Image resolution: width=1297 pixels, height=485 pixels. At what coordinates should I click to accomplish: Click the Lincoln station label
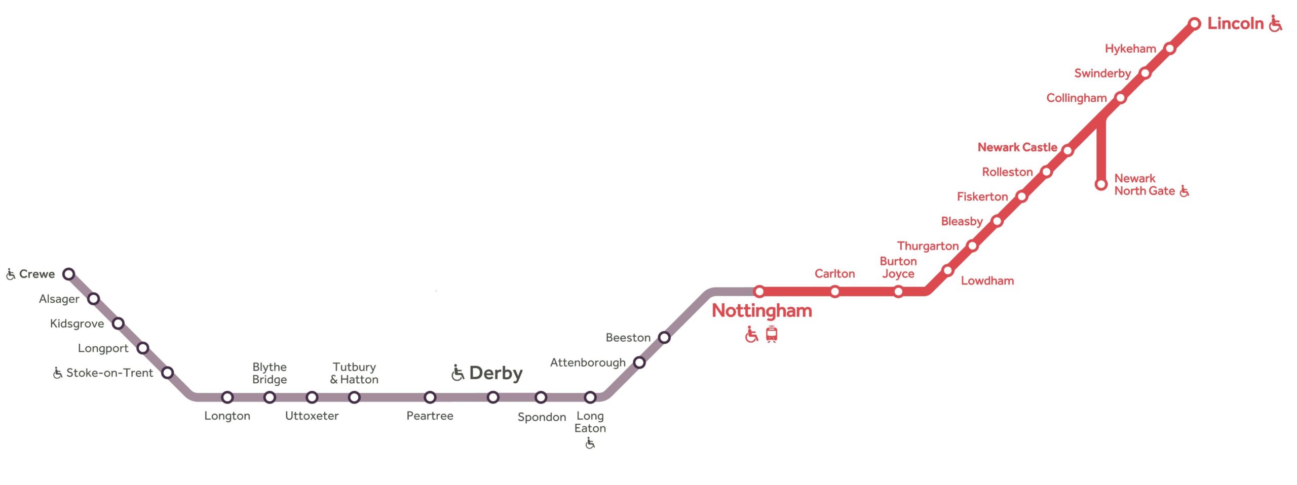pos(1235,23)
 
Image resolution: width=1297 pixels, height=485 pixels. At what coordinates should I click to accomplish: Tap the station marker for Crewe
pos(69,274)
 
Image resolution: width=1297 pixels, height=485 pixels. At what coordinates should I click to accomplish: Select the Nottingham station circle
pos(759,291)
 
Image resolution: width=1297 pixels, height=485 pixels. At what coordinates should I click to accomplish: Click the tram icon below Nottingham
pos(771,334)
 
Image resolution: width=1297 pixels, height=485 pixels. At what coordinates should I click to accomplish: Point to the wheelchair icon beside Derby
pos(457,373)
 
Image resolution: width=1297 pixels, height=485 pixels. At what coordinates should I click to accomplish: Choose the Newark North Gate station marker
pos(1100,184)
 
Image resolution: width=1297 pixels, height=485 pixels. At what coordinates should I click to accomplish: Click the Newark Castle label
pos(1017,147)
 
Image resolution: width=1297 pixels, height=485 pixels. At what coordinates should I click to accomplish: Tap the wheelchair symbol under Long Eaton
pos(590,443)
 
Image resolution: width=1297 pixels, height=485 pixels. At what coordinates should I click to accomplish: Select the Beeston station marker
pos(664,337)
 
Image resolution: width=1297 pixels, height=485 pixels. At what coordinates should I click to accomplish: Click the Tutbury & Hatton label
pos(354,373)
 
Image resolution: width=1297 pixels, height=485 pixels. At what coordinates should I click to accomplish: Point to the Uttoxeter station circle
pos(312,397)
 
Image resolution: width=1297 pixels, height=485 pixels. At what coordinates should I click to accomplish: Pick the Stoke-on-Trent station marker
pos(167,373)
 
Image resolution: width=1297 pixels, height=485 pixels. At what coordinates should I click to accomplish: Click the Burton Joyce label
pos(898,267)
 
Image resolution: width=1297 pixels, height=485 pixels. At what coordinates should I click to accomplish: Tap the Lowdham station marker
pos(947,270)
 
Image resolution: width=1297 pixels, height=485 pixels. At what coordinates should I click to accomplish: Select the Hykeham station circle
pos(1169,49)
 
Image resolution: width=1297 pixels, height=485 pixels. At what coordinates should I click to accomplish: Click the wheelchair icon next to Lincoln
pos(1275,23)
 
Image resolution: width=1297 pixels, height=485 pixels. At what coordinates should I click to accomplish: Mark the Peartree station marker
pos(430,397)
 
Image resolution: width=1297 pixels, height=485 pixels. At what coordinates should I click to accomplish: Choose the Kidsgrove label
pos(77,324)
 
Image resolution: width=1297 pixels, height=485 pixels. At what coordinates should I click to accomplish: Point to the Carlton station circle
pos(834,291)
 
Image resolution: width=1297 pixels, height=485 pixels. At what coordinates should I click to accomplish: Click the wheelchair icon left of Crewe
pos(11,274)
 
